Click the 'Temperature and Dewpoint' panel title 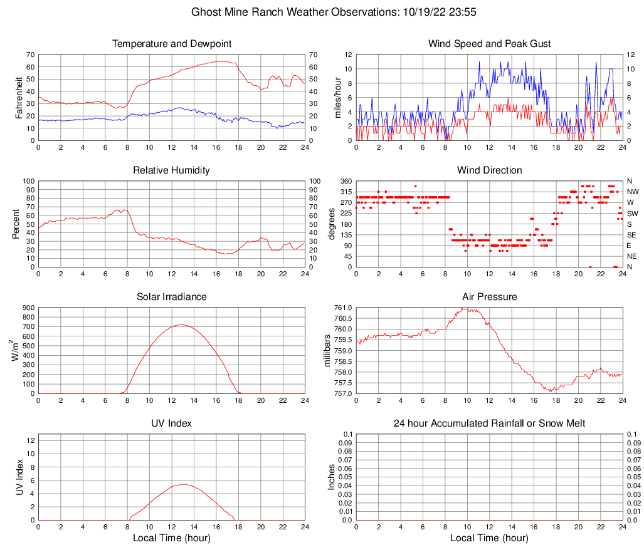pos(171,44)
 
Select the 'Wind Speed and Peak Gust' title pos(489,44)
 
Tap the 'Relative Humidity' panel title pos(171,170)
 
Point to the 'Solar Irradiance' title pos(171,296)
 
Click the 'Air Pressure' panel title pos(489,296)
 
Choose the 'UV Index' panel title pos(171,423)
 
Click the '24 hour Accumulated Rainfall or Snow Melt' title pos(489,423)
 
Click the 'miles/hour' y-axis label pos(337,98)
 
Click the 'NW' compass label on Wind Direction pos(632,192)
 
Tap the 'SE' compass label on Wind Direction pos(631,234)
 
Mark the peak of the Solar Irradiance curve pos(181,324)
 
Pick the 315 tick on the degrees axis pos(345,192)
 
